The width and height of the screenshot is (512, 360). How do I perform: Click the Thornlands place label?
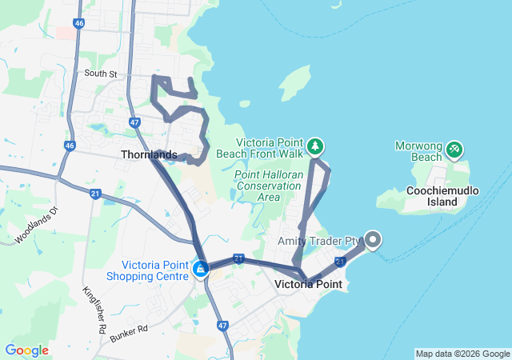(x=149, y=154)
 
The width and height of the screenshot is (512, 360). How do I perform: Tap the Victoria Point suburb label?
(x=308, y=284)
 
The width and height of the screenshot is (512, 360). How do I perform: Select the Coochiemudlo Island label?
(x=442, y=197)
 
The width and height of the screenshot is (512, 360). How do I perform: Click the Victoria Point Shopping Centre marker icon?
(x=200, y=269)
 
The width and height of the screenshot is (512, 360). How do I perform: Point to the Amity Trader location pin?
(x=374, y=239)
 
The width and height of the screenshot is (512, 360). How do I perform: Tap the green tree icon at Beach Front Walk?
(x=317, y=146)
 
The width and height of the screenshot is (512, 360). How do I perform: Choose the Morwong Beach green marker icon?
(x=454, y=148)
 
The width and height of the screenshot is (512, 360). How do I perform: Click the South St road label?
(x=102, y=74)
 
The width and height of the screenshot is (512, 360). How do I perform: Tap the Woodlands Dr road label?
(x=36, y=226)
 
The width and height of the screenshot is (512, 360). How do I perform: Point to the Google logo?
(x=26, y=350)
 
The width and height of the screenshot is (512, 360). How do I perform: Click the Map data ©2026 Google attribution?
(x=462, y=354)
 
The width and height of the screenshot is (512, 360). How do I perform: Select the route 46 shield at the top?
(x=78, y=24)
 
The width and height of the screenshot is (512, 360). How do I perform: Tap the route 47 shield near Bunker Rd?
(x=222, y=326)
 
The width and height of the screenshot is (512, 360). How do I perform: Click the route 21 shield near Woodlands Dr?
(x=95, y=194)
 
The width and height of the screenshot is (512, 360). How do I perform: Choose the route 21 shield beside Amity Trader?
(x=340, y=262)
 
